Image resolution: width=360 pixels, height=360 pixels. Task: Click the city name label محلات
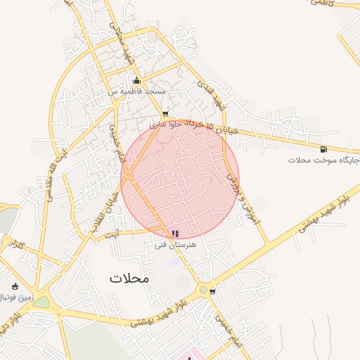[129, 278]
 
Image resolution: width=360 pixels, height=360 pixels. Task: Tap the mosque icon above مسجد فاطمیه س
[136, 81]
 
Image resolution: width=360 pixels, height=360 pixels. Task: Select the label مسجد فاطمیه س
[137, 92]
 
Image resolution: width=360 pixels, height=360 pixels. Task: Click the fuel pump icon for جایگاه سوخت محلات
[323, 148]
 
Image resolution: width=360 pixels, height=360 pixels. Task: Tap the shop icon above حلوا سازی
[165, 113]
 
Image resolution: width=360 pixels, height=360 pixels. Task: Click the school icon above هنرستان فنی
[175, 233]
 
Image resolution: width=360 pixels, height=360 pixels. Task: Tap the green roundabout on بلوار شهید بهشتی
[203, 290]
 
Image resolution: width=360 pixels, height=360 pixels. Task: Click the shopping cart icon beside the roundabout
[213, 291]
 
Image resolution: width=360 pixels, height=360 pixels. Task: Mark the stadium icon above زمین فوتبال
[15, 286]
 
